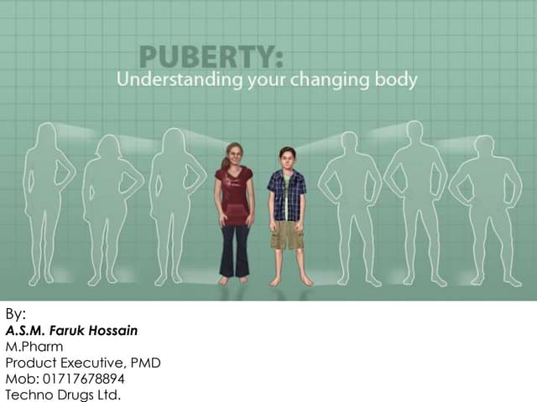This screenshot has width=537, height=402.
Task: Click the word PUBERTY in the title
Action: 209,58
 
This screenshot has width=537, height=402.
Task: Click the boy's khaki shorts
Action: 287,234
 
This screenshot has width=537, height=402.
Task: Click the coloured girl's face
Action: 232,156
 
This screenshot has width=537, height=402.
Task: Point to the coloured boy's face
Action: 287,158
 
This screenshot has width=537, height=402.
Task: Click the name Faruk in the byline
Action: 70,331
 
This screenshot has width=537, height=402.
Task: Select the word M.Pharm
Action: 34,347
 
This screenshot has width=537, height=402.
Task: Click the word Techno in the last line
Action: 29,394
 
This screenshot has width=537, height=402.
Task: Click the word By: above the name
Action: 16,315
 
